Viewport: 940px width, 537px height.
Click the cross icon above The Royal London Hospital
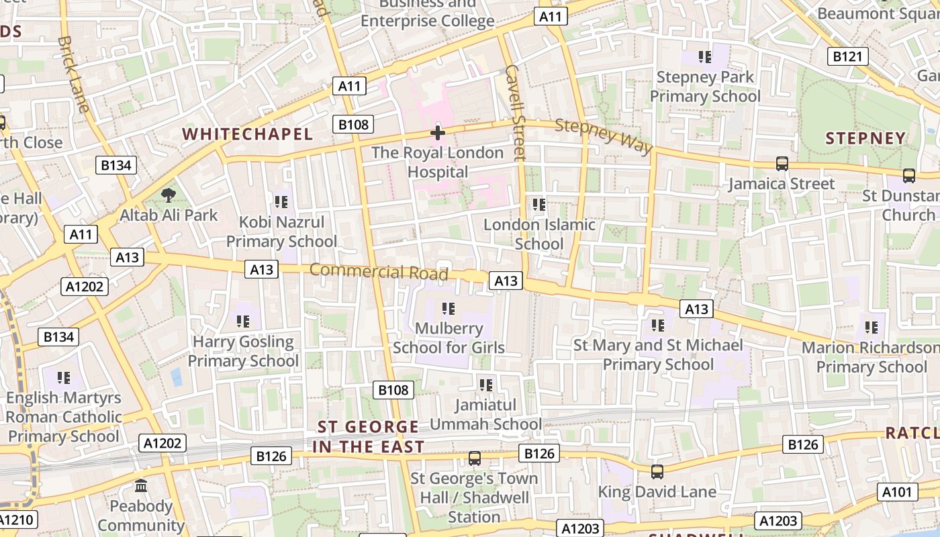coord(437,132)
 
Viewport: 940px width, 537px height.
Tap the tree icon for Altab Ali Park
coord(168,195)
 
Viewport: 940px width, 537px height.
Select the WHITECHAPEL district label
coord(248,134)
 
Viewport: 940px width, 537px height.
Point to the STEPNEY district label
coord(865,138)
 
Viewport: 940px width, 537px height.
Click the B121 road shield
coord(846,56)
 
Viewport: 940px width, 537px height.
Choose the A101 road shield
coord(898,492)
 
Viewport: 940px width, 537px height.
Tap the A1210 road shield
coord(16,520)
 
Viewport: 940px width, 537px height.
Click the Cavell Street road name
coord(514,112)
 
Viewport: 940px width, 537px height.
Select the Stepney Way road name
coord(604,136)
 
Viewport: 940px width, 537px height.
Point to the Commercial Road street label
coord(379,271)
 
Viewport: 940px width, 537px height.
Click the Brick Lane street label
coord(73,74)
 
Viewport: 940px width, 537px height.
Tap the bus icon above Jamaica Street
coord(782,163)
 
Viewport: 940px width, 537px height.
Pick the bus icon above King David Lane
coord(657,471)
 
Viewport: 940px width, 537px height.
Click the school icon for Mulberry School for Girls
coord(448,309)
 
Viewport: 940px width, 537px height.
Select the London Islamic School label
coord(539,234)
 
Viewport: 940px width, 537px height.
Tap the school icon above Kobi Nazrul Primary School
coord(281,201)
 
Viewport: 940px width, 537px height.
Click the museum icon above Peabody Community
coord(141,485)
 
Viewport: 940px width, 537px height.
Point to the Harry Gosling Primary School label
coord(243,351)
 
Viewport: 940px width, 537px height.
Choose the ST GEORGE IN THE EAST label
coord(368,436)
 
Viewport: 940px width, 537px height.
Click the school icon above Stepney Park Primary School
coord(704,56)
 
